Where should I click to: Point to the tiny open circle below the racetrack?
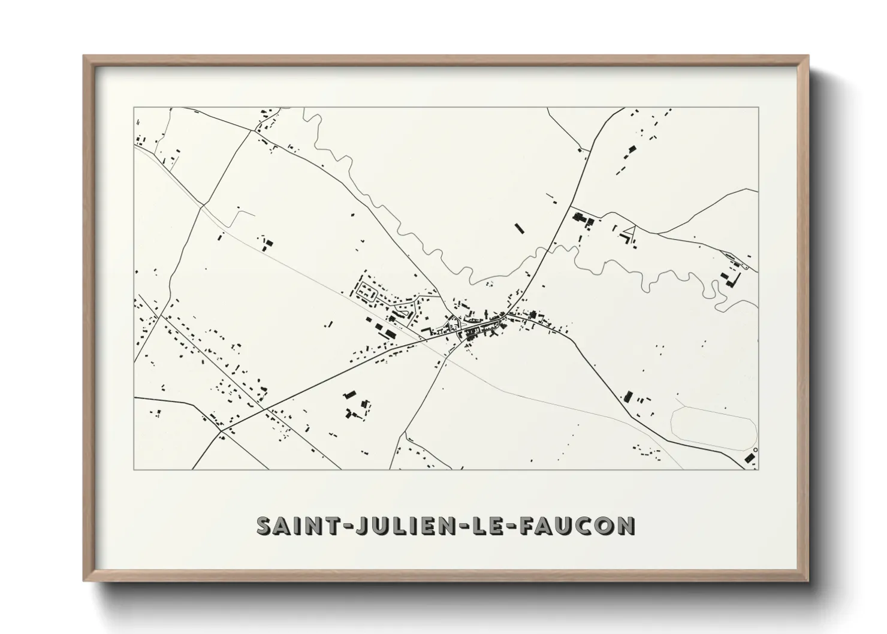click(755, 450)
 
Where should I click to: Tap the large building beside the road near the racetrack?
click(628, 396)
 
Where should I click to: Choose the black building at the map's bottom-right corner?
click(749, 458)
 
